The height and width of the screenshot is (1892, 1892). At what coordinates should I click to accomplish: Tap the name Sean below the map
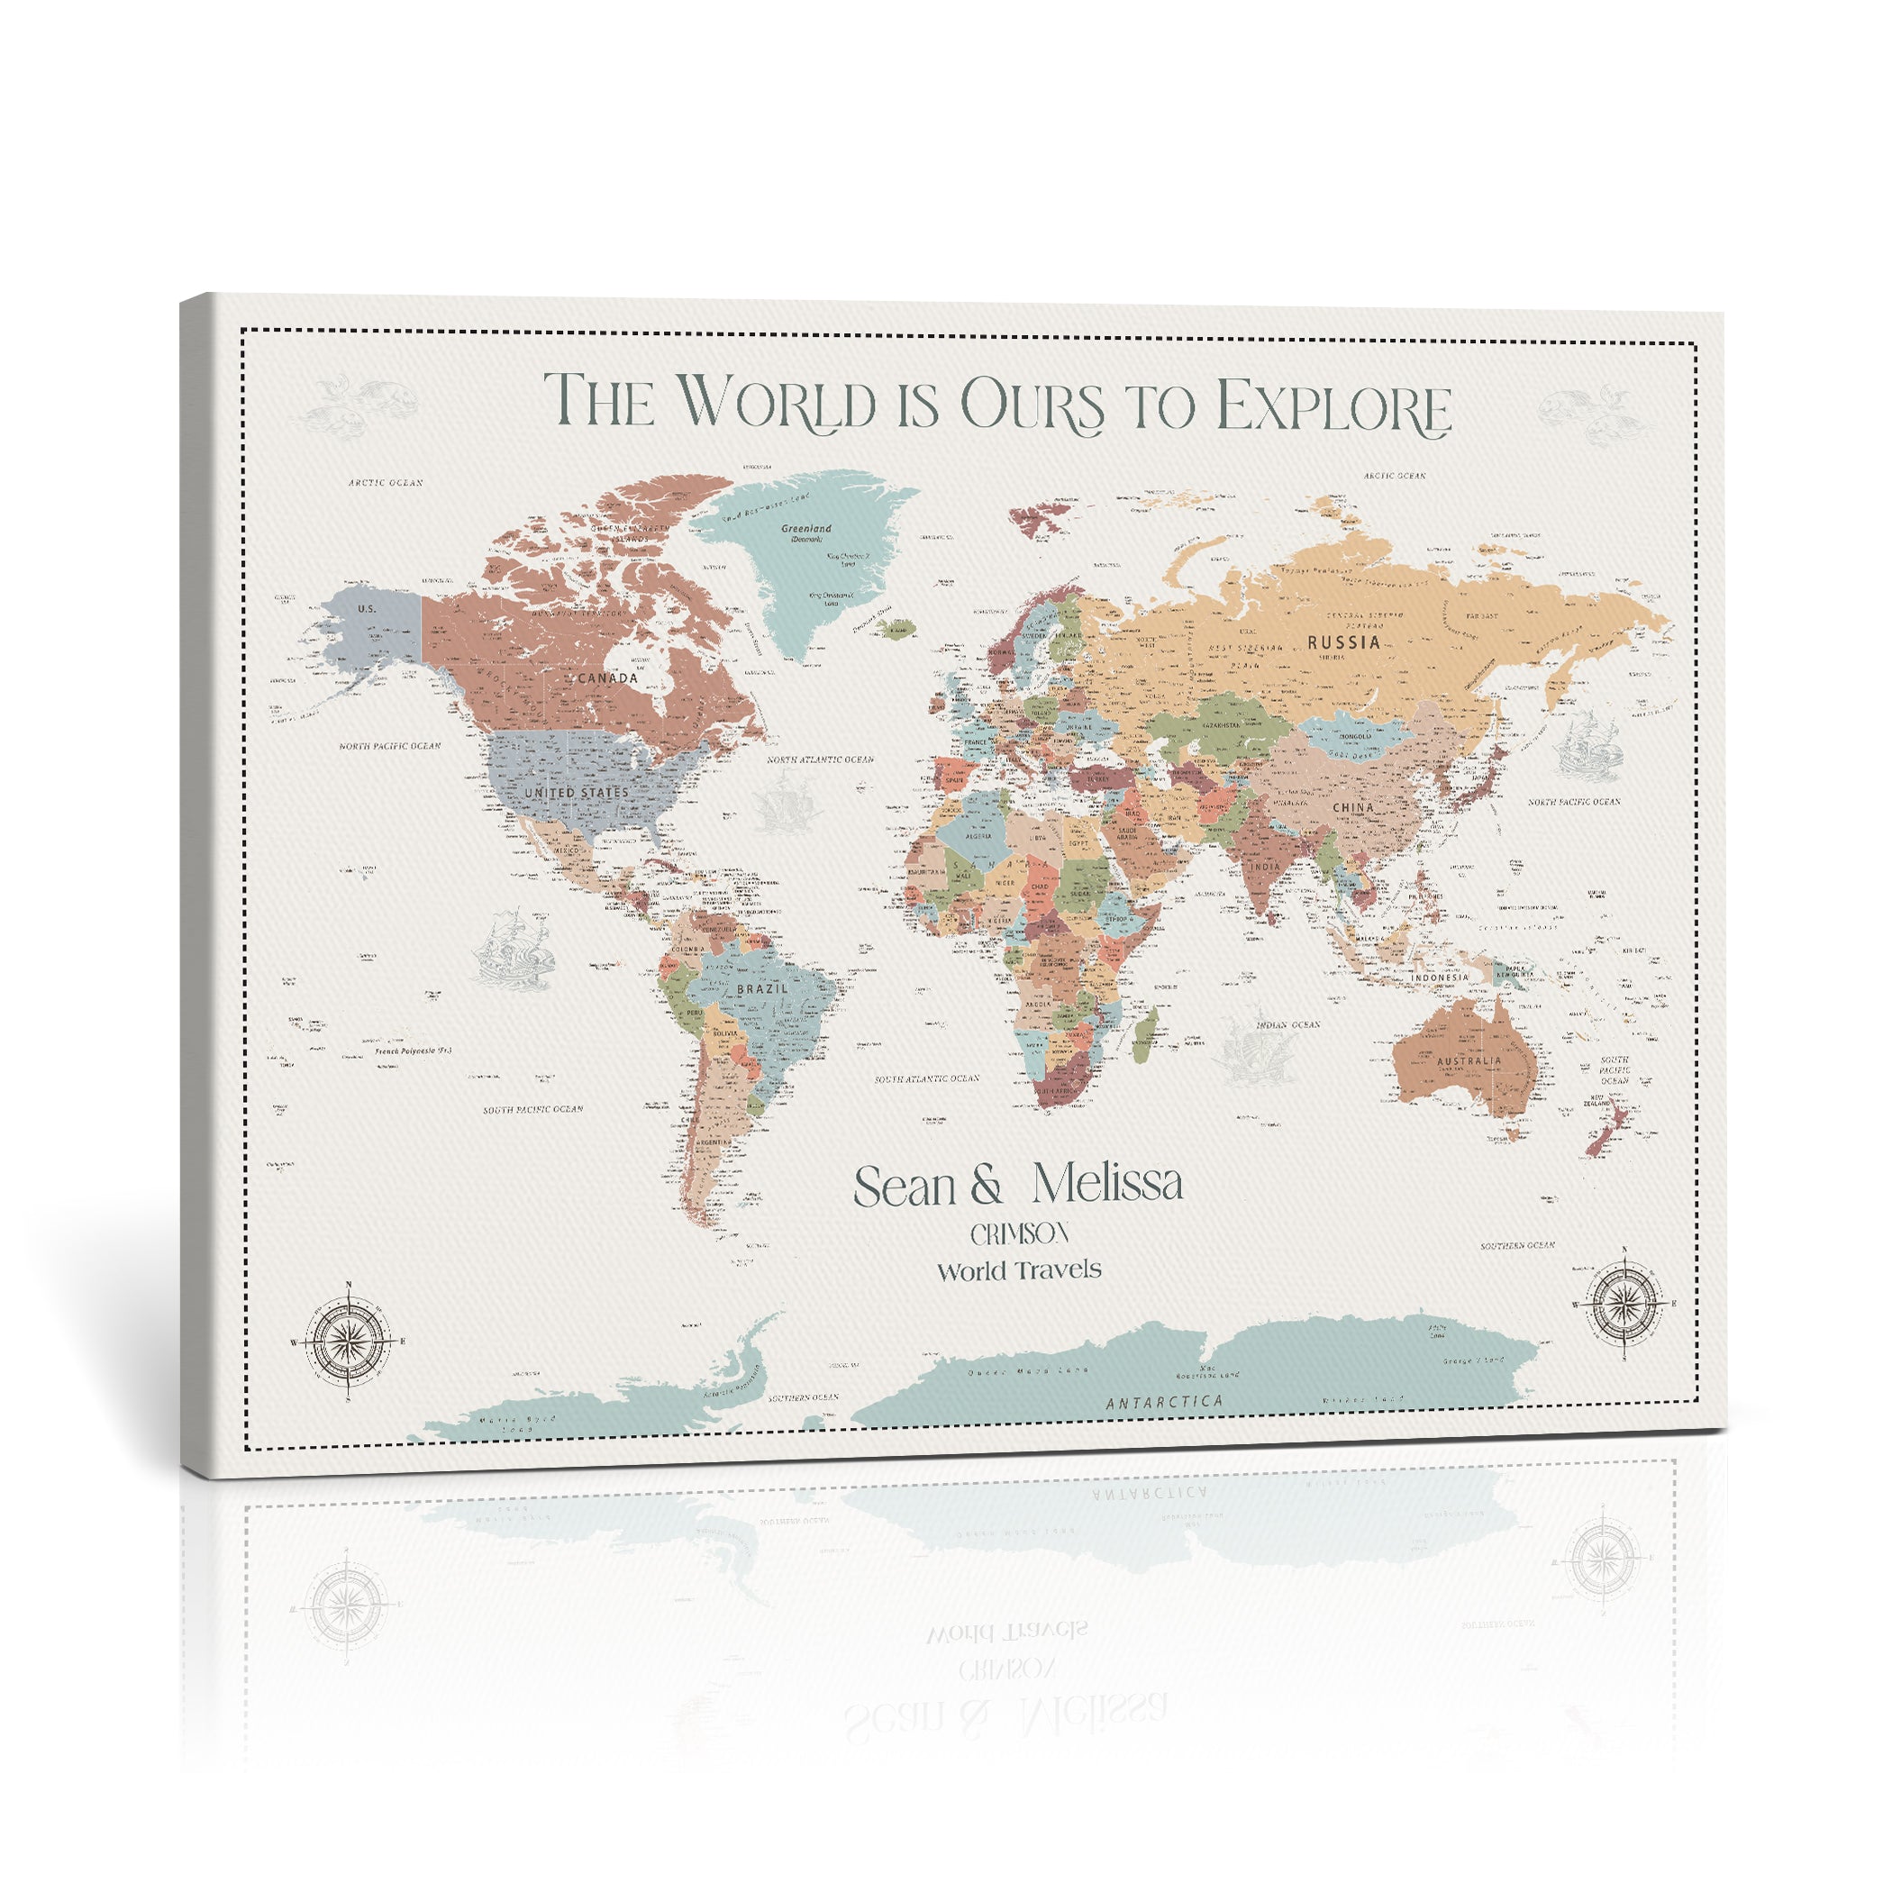pyautogui.click(x=905, y=1187)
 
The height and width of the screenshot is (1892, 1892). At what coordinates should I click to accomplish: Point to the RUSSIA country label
pyautogui.click(x=1343, y=642)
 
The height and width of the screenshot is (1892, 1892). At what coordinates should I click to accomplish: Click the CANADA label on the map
pyautogui.click(x=607, y=678)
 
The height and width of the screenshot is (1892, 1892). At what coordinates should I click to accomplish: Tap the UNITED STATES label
pyautogui.click(x=576, y=792)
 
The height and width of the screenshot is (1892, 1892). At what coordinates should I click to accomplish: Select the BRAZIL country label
pyautogui.click(x=762, y=989)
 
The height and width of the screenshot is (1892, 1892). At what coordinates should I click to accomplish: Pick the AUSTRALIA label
pyautogui.click(x=1469, y=1060)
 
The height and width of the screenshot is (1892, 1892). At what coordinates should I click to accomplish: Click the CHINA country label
pyautogui.click(x=1353, y=808)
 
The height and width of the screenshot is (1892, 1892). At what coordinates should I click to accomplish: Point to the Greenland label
pyautogui.click(x=806, y=529)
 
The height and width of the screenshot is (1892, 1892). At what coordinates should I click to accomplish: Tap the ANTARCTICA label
pyautogui.click(x=1164, y=1403)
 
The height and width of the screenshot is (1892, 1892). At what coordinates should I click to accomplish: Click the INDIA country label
pyautogui.click(x=1264, y=867)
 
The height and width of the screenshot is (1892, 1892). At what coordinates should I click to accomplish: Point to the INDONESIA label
pyautogui.click(x=1440, y=978)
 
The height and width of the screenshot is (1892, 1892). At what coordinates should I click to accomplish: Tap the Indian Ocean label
pyautogui.click(x=1287, y=1025)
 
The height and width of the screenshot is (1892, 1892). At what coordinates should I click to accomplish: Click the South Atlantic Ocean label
pyautogui.click(x=926, y=1078)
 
